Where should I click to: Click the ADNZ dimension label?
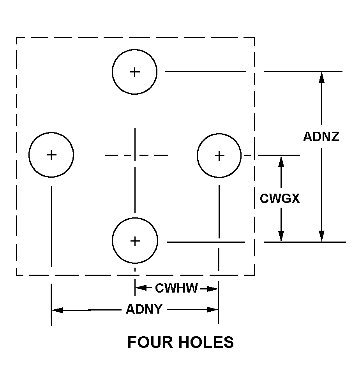click(x=321, y=136)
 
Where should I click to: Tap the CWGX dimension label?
click(x=280, y=199)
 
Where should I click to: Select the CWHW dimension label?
click(x=176, y=288)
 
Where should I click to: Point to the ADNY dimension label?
click(x=144, y=309)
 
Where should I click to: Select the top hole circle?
click(x=134, y=72)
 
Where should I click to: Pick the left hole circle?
click(x=51, y=155)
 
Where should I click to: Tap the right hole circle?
click(x=219, y=156)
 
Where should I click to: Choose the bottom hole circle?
click(x=135, y=241)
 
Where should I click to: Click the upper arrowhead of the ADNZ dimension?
click(x=321, y=77)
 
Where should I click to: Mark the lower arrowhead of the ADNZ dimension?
click(x=321, y=236)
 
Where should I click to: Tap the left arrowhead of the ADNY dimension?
click(x=57, y=310)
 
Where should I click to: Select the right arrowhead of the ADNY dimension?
click(x=213, y=310)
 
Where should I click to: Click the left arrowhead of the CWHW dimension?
click(x=140, y=288)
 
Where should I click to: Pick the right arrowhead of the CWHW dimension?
click(x=212, y=289)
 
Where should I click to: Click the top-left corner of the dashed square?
click(x=16, y=38)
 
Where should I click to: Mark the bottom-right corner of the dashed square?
click(x=254, y=275)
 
